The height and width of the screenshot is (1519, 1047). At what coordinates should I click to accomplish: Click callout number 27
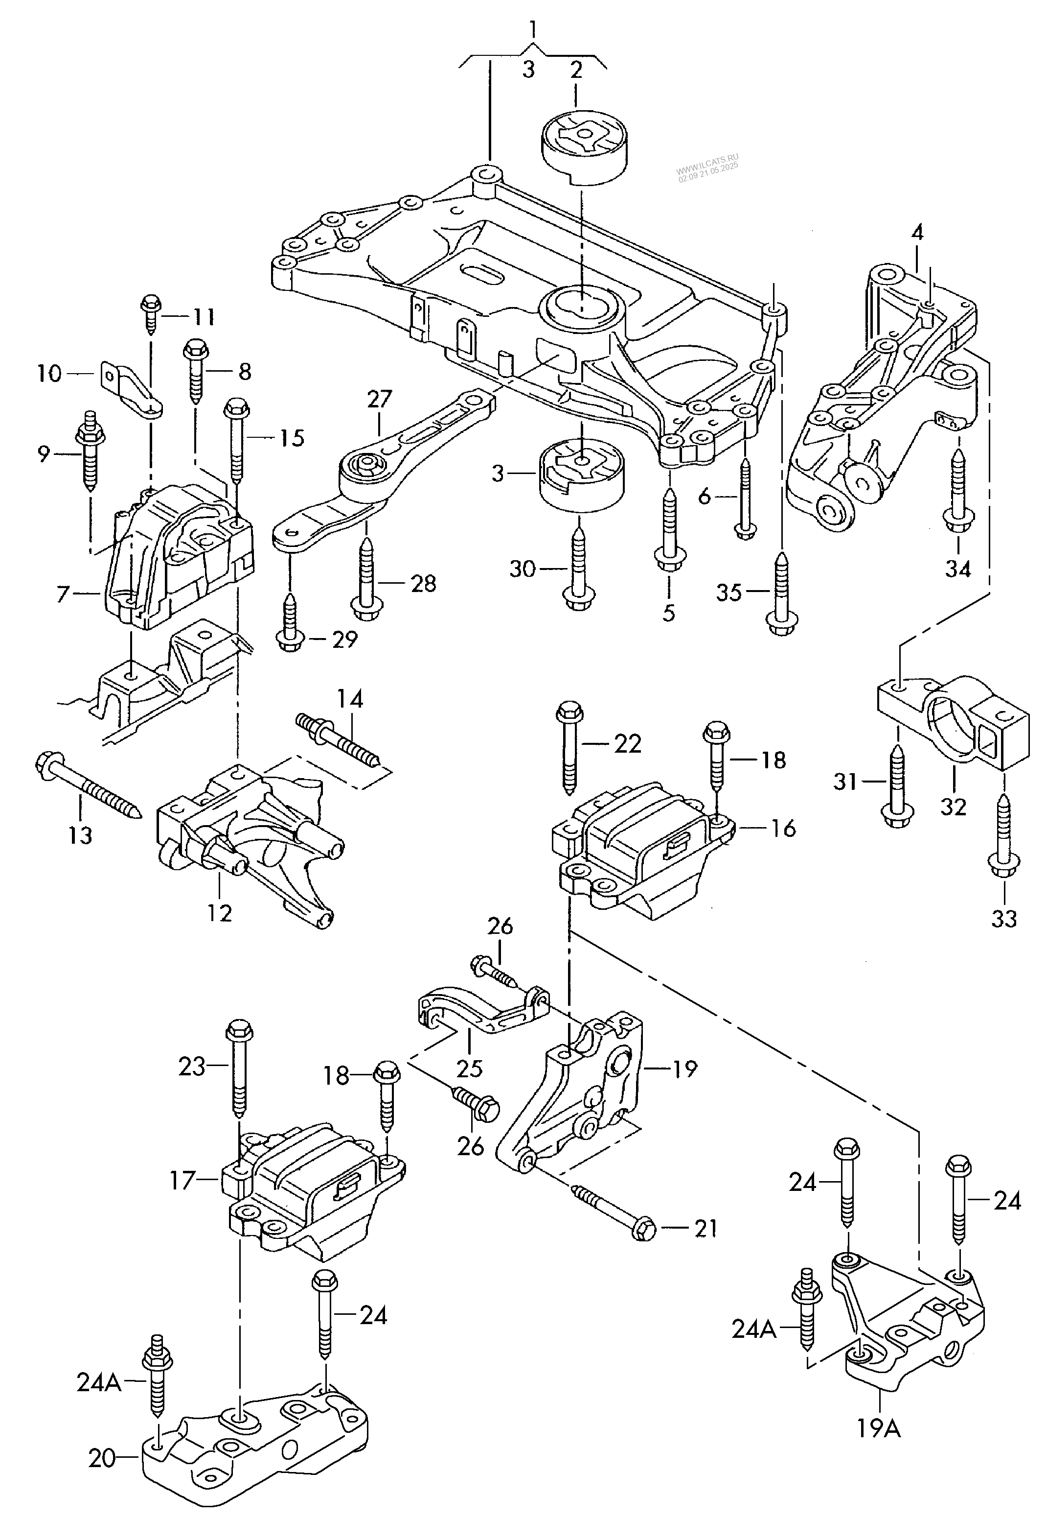click(x=379, y=399)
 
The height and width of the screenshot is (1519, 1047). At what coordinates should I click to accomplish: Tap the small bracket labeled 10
click(x=131, y=391)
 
